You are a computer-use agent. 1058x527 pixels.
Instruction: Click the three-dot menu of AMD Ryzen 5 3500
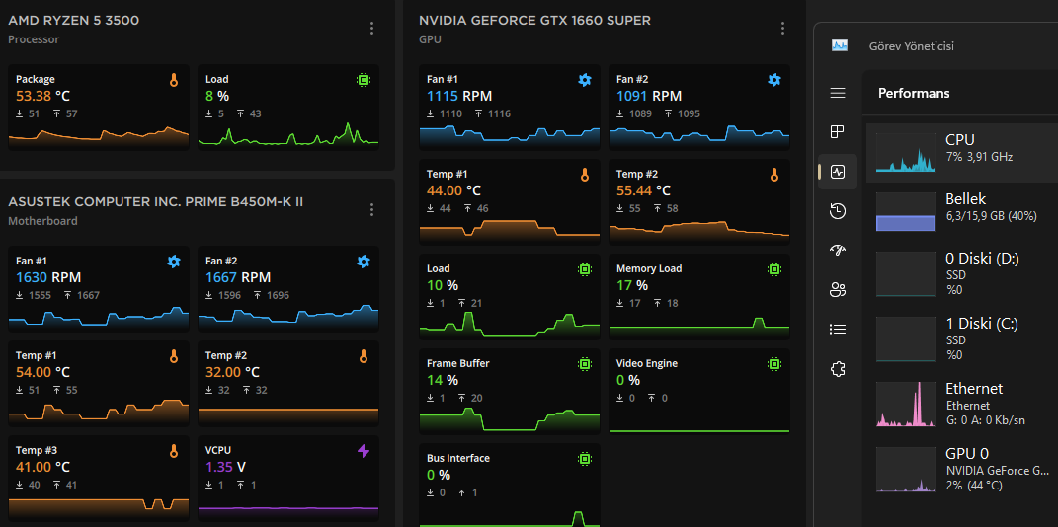coord(371,29)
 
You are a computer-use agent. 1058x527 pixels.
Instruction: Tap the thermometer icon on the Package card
coord(174,80)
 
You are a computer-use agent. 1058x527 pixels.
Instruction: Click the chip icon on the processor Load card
coord(364,80)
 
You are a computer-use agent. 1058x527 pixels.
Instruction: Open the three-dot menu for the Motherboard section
coord(371,209)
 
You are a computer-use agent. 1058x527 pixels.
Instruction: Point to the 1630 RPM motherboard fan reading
coord(48,277)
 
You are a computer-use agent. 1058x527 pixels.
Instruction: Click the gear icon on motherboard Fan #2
coord(364,262)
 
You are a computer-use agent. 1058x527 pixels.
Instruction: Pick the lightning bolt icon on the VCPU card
coord(364,451)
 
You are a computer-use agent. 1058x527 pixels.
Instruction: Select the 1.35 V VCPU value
coord(226,467)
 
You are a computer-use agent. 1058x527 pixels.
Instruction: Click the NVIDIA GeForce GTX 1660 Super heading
coord(534,20)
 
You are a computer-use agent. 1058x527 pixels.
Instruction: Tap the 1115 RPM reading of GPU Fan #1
coord(459,96)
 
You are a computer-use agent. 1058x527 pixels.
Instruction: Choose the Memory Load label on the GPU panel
coord(649,268)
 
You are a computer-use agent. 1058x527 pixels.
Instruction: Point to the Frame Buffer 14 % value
coord(442,380)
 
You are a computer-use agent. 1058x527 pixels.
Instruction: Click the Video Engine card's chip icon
coord(774,364)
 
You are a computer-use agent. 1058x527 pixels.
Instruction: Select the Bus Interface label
coord(458,458)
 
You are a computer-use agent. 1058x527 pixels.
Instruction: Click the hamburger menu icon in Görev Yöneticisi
coord(838,93)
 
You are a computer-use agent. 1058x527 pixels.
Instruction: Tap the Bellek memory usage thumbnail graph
coord(905,212)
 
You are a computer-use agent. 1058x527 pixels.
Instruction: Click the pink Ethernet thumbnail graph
coord(905,406)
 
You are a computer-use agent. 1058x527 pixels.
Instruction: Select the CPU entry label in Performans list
coord(960,140)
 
